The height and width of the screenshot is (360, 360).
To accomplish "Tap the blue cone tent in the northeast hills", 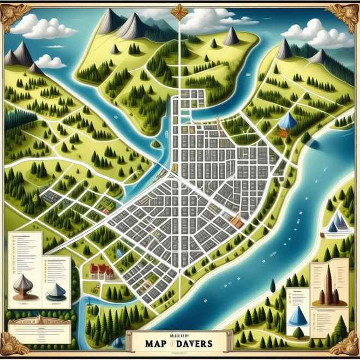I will tap(287, 121).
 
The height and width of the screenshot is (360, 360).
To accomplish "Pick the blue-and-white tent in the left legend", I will tap(56, 292).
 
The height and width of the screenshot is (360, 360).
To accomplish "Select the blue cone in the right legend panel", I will tap(297, 316).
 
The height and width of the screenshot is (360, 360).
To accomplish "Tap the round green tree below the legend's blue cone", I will tap(298, 332).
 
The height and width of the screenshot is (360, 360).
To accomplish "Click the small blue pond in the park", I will tap(118, 252).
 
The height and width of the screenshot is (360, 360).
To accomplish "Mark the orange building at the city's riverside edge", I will tap(237, 220).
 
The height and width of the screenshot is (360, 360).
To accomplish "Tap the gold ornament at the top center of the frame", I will tap(179, 11).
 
